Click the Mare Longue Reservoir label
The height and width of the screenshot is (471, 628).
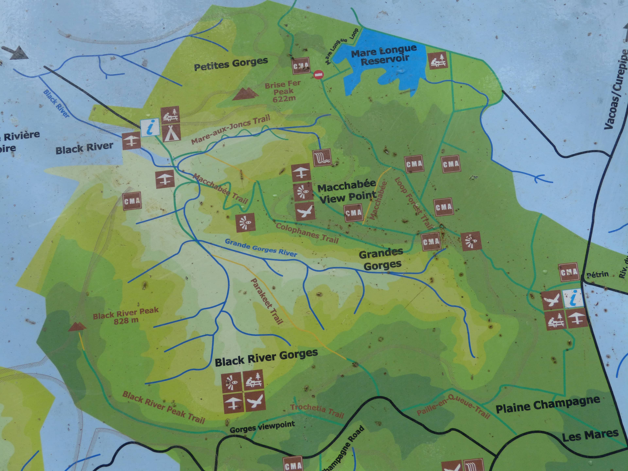pyautogui.click(x=384, y=55)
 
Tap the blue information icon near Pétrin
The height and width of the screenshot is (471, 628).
pyautogui.click(x=573, y=298)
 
